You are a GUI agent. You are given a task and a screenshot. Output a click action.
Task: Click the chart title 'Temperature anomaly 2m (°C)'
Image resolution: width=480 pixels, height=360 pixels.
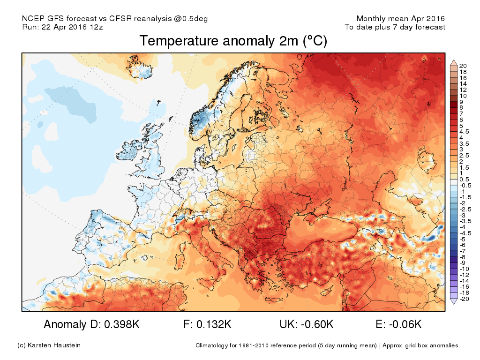coord(233,41)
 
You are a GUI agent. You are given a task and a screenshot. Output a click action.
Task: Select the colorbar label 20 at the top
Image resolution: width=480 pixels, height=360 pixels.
coord(463,66)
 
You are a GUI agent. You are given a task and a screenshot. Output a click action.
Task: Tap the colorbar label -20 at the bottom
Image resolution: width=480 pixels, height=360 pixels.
coord(464,299)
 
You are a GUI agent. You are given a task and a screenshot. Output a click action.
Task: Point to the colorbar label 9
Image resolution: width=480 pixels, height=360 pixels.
coord(462,102)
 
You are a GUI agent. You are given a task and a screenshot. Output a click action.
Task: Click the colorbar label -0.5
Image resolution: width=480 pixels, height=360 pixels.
coord(465,186)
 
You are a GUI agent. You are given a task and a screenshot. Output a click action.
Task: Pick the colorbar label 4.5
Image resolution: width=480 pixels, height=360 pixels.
coord(464,132)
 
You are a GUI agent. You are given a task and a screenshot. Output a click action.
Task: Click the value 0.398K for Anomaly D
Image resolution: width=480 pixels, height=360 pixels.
coord(119,324)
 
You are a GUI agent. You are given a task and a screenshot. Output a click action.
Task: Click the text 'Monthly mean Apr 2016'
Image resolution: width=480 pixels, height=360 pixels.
coord(401,19)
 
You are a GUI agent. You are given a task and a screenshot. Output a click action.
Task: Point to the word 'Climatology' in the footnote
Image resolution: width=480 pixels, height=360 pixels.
coord(211,346)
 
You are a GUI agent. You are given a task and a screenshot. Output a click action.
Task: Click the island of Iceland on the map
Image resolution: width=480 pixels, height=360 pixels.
coord(141,68)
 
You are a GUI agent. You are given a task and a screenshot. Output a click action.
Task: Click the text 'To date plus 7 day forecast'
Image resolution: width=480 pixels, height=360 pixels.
coord(395,27)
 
